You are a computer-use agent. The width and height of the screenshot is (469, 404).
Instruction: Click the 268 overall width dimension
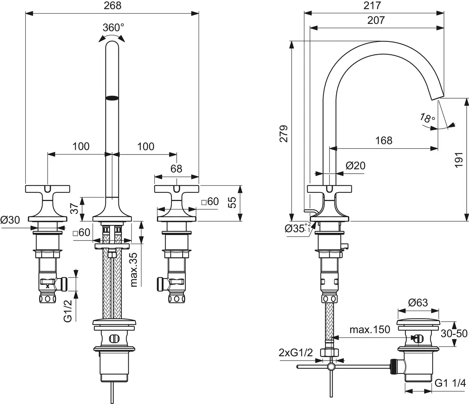(x=112, y=6)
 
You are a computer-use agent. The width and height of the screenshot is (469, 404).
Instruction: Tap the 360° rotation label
(x=113, y=28)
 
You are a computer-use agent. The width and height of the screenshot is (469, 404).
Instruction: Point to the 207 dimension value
(x=376, y=20)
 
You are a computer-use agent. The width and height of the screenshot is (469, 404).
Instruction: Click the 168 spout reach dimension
(x=383, y=140)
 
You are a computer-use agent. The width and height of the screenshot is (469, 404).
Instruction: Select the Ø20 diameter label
(x=356, y=165)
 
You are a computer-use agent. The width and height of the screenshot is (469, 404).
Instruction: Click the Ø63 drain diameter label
(x=418, y=303)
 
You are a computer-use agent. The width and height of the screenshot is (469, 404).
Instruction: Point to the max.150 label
(x=370, y=330)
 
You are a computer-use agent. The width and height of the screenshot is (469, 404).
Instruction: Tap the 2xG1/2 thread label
(x=296, y=353)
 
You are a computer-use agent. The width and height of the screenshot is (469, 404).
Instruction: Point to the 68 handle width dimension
(x=177, y=169)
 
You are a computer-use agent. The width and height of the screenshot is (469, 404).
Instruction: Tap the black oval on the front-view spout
(x=113, y=98)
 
